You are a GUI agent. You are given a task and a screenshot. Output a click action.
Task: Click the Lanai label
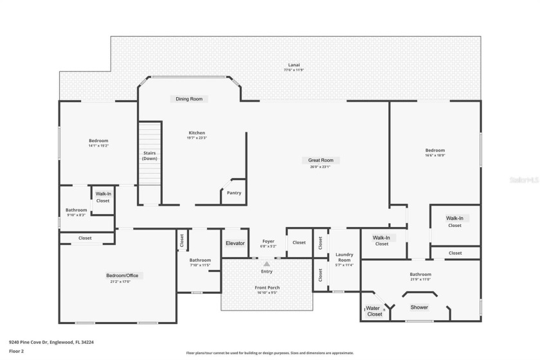293,65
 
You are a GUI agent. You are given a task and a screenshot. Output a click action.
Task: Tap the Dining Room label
189,99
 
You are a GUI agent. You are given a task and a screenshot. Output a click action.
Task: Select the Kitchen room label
197,133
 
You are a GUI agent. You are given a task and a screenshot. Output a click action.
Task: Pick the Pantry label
234,193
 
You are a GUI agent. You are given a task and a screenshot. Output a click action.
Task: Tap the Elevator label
235,243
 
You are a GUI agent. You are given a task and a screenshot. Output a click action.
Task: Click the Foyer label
268,242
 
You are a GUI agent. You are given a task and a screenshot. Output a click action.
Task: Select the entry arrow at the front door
267,264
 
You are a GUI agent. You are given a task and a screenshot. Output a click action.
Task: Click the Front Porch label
267,287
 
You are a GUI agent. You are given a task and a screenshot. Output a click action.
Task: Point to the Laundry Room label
345,257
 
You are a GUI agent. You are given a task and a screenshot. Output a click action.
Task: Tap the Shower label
419,307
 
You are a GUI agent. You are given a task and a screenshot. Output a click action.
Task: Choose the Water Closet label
374,311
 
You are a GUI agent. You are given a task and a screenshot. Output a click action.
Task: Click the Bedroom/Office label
122,276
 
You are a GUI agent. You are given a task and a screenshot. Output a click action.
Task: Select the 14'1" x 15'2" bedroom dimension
98,146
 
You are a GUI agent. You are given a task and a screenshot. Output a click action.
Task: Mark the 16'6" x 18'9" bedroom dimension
435,155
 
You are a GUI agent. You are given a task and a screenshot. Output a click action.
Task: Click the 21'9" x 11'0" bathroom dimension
420,280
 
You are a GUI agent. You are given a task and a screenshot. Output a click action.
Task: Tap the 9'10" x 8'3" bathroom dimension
76,215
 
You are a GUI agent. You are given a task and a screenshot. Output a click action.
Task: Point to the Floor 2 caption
16,351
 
